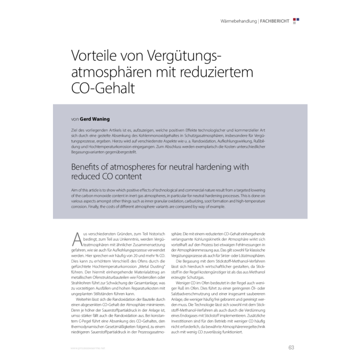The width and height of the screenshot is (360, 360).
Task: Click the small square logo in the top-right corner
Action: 296,21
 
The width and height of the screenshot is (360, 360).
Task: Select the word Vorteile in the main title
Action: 93,56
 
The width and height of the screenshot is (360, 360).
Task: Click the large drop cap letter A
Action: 77,240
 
